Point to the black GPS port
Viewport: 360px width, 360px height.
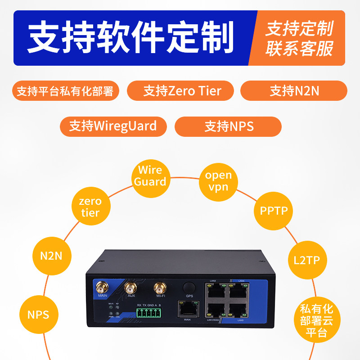(189, 287)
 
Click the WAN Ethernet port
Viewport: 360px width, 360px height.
(187, 309)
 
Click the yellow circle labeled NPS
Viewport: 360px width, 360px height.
(38, 314)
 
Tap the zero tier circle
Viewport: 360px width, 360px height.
(90, 207)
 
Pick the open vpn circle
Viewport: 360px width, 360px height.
(218, 181)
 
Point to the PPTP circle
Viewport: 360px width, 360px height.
(274, 210)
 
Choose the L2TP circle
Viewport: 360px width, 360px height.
(307, 260)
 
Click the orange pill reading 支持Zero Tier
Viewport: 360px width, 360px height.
(181, 91)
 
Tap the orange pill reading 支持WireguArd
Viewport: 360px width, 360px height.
(113, 126)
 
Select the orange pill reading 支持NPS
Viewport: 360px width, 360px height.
(228, 126)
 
